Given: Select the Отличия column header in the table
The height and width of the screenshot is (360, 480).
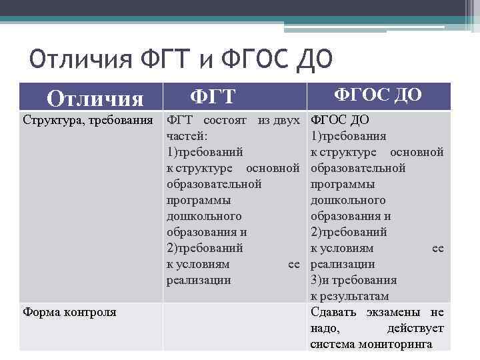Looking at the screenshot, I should pos(95,99).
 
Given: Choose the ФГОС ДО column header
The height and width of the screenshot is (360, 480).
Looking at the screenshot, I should pos(377,95).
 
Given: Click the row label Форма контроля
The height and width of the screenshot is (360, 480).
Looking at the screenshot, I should pos(69,312).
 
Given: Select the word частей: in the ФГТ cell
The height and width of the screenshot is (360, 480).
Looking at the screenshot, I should pos(187,136).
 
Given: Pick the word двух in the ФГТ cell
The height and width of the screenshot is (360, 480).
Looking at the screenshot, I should pos(287,120).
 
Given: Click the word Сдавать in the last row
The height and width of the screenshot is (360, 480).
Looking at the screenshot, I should pos(333,312).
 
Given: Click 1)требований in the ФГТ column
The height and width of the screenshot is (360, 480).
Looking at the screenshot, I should pos(204,152).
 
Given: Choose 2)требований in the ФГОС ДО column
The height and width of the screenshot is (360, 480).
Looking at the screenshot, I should pos(349,232).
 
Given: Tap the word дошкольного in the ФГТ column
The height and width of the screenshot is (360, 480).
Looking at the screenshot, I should pos(203,216).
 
